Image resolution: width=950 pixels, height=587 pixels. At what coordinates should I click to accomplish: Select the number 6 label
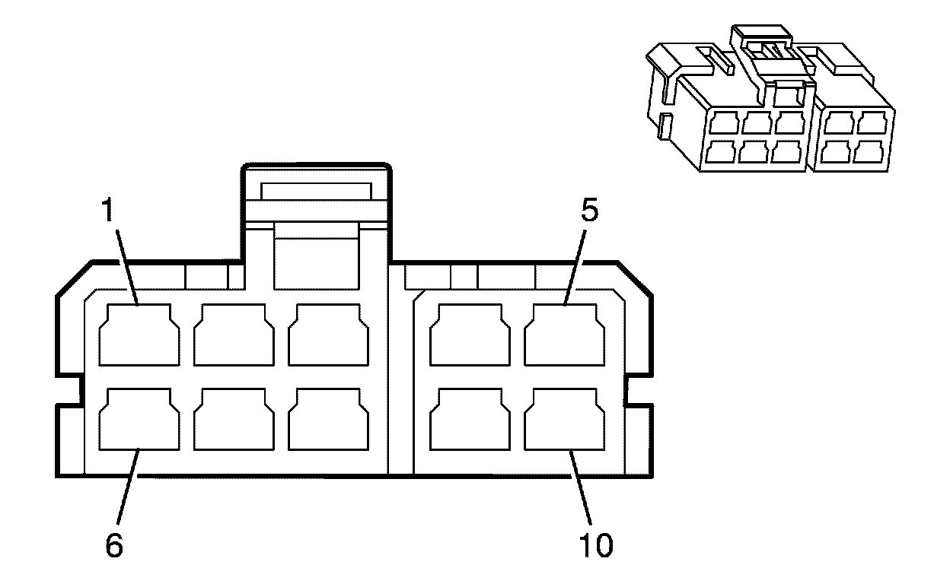click(113, 546)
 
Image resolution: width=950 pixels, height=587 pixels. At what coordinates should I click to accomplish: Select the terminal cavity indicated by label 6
click(139, 420)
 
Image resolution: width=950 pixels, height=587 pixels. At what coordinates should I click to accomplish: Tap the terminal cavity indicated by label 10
click(565, 420)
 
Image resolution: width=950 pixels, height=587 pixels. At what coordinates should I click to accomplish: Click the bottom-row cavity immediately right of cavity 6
click(233, 420)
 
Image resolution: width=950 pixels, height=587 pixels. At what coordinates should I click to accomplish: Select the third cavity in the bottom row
click(327, 420)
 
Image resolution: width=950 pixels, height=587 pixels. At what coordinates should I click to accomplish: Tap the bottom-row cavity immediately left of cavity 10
click(470, 420)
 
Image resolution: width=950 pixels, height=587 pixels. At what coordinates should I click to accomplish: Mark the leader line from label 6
click(127, 490)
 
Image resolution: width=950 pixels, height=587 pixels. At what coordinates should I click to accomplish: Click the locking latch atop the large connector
click(316, 221)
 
